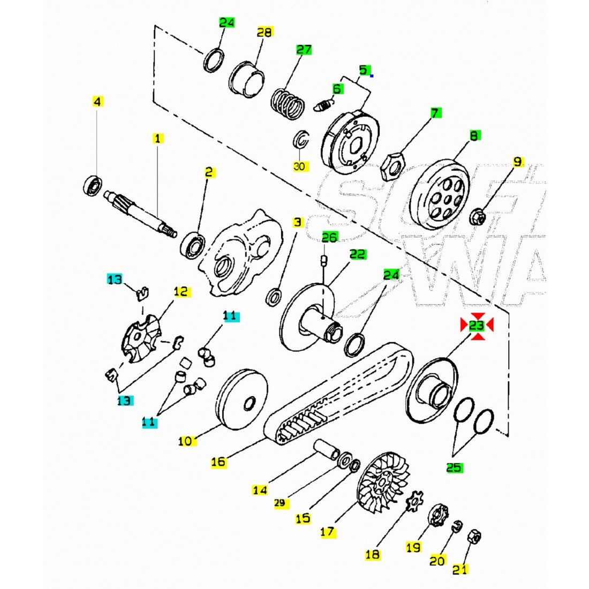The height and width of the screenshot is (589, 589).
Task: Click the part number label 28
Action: (x=265, y=32)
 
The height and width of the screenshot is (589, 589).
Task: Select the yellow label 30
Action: (x=299, y=167)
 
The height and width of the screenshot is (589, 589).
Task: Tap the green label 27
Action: (x=304, y=50)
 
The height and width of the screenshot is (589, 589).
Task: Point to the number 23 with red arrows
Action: (x=477, y=325)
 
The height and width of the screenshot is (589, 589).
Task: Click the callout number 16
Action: (x=218, y=461)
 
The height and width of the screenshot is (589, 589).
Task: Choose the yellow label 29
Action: (x=282, y=503)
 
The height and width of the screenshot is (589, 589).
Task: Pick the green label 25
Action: (x=454, y=467)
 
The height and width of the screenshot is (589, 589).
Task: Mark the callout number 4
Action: (x=97, y=101)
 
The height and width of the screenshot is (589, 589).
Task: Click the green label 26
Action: (x=330, y=237)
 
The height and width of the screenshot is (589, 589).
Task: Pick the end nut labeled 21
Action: (x=473, y=536)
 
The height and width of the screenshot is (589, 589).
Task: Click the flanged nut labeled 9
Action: (x=479, y=217)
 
